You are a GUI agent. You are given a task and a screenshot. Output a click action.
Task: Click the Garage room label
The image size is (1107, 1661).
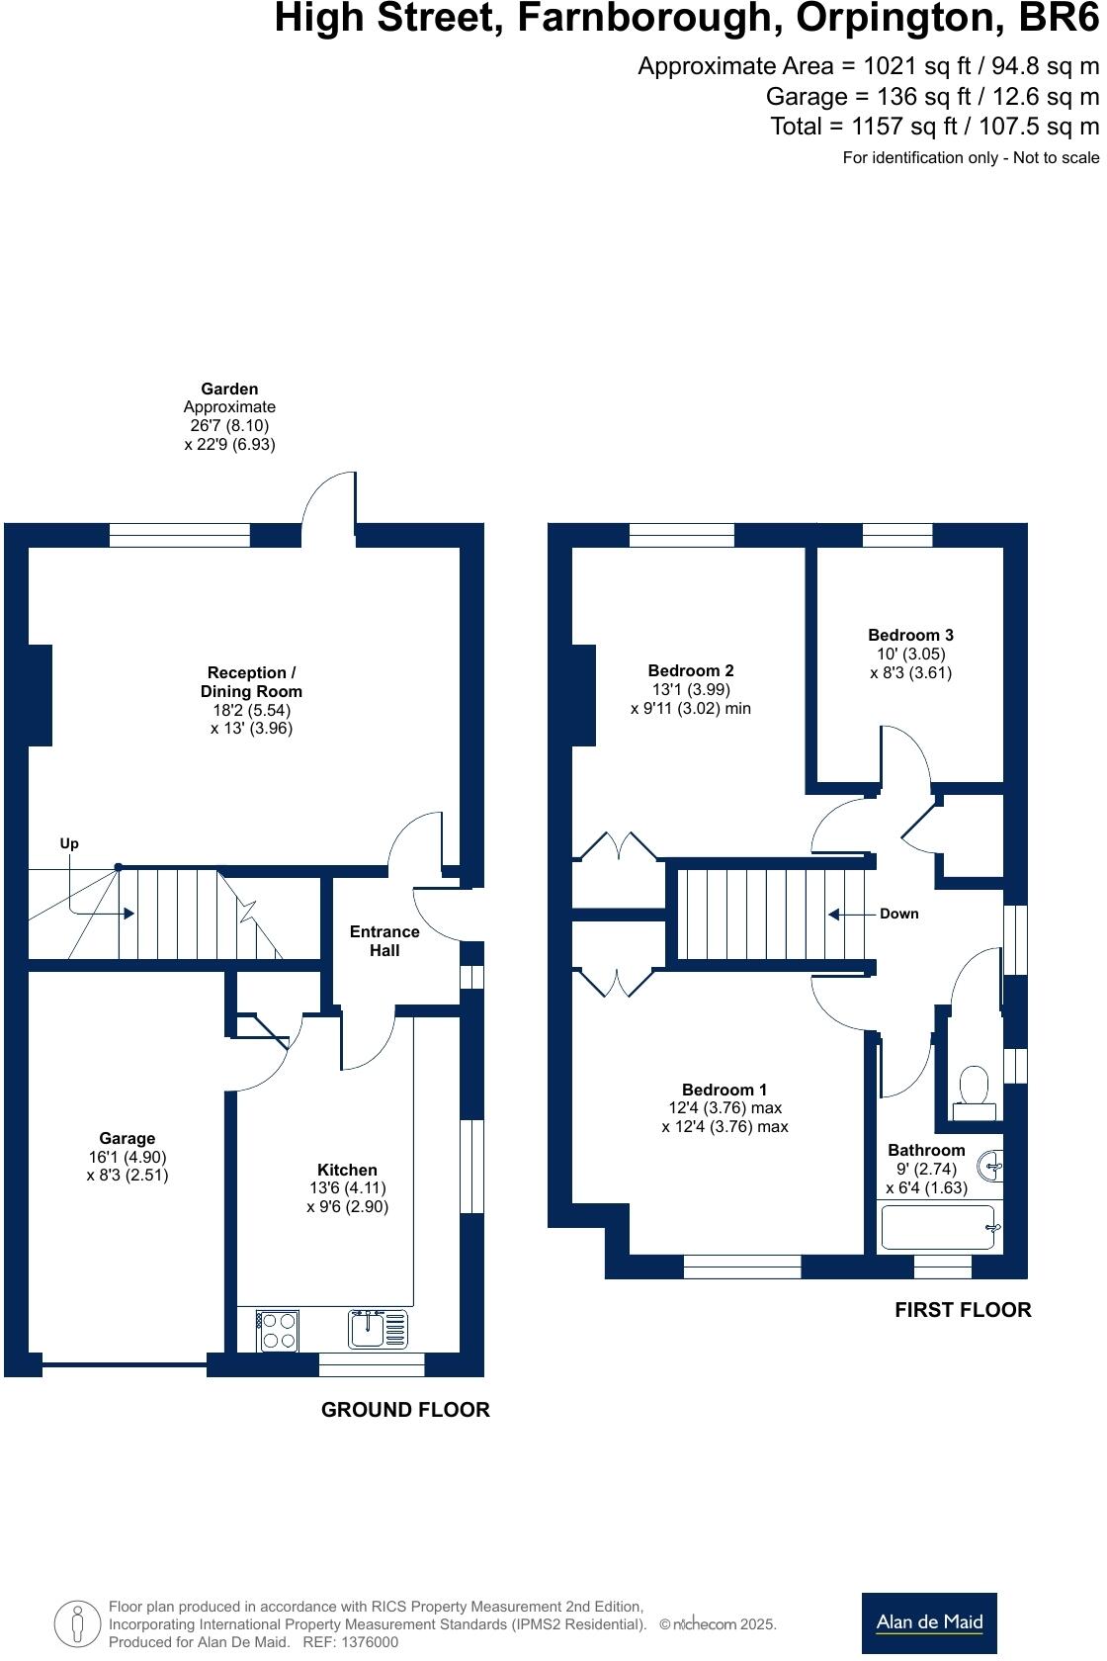pyautogui.click(x=127, y=1138)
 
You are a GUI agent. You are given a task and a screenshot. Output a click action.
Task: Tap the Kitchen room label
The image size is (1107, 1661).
pyautogui.click(x=347, y=1170)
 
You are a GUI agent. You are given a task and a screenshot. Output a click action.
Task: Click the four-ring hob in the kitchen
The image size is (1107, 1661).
pyautogui.click(x=277, y=1330)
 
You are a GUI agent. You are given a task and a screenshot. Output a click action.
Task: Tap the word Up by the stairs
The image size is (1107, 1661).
pyautogui.click(x=69, y=843)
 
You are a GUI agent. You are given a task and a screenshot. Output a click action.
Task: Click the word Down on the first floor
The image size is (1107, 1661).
pyautogui.click(x=898, y=914)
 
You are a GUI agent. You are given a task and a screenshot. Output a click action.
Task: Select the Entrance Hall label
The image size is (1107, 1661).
pyautogui.click(x=384, y=941)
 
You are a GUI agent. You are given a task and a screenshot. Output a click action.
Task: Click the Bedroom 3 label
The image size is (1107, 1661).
pyautogui.click(x=910, y=636)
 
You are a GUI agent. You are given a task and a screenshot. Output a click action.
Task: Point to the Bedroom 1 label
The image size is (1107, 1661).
pyautogui.click(x=724, y=1090)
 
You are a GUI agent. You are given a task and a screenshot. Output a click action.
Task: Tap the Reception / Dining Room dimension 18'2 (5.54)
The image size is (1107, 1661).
pyautogui.click(x=251, y=710)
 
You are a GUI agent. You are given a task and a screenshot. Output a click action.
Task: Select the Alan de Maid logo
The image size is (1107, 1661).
pyautogui.click(x=929, y=1621)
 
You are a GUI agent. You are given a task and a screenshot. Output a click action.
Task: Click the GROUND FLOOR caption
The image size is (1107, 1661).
pyautogui.click(x=405, y=1410)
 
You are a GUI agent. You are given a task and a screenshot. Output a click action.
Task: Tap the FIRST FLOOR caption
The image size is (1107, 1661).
pyautogui.click(x=962, y=1310)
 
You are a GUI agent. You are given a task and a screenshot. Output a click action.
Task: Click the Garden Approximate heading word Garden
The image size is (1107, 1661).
pyautogui.click(x=229, y=390)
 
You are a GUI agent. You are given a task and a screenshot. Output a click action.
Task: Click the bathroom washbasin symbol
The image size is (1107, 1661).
pyautogui.click(x=992, y=1167)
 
